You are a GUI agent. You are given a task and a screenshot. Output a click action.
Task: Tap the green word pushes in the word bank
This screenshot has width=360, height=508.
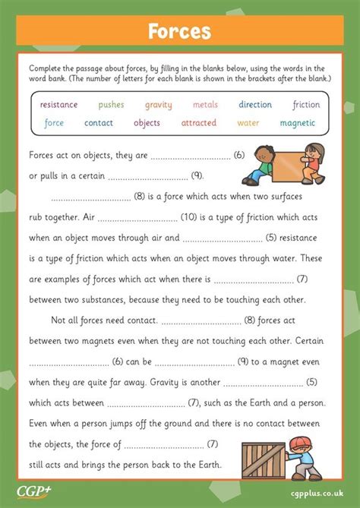coord(111,105)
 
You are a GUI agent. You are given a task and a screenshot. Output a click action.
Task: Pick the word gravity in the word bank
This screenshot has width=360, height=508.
coord(159,105)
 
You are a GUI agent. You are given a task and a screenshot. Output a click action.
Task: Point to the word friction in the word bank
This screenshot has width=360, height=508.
coord(306,105)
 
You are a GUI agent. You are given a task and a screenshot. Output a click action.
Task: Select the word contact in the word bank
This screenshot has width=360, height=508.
coord(99,123)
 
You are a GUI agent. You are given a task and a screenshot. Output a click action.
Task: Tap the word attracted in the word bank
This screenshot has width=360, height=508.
coord(199,123)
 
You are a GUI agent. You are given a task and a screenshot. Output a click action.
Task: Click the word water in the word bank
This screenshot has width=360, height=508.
coord(248,123)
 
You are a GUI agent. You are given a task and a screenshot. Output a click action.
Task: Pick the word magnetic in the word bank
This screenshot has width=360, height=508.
coord(298,123)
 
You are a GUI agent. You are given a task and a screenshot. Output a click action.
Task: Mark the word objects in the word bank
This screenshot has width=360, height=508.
coord(147,123)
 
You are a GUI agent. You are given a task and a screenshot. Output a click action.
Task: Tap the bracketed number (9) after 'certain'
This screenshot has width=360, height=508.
coord(197,176)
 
